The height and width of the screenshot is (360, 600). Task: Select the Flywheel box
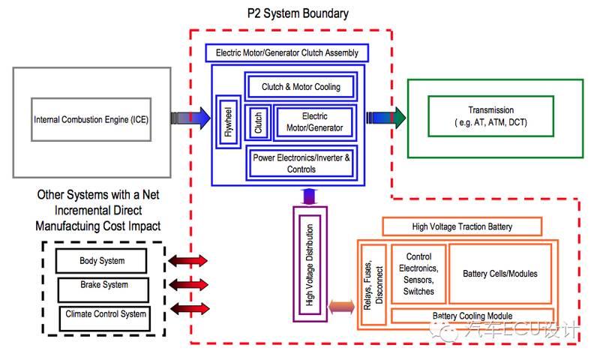point(228,123)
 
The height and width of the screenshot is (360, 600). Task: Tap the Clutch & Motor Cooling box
point(301,87)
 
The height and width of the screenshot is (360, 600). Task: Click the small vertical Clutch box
point(259,122)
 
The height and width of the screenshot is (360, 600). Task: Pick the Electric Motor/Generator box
point(314,122)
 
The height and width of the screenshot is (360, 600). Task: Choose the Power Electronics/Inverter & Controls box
point(301,163)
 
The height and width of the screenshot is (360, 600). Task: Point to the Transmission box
point(490,115)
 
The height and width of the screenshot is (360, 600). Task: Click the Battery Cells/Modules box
point(499,274)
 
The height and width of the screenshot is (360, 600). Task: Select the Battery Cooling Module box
point(472,316)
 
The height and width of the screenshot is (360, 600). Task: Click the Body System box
point(102,261)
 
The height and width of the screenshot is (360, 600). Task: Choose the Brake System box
point(103,286)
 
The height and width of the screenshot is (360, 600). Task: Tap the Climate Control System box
point(105,314)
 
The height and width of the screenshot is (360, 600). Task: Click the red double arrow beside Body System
point(187,261)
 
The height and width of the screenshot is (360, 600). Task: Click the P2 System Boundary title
point(298,13)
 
